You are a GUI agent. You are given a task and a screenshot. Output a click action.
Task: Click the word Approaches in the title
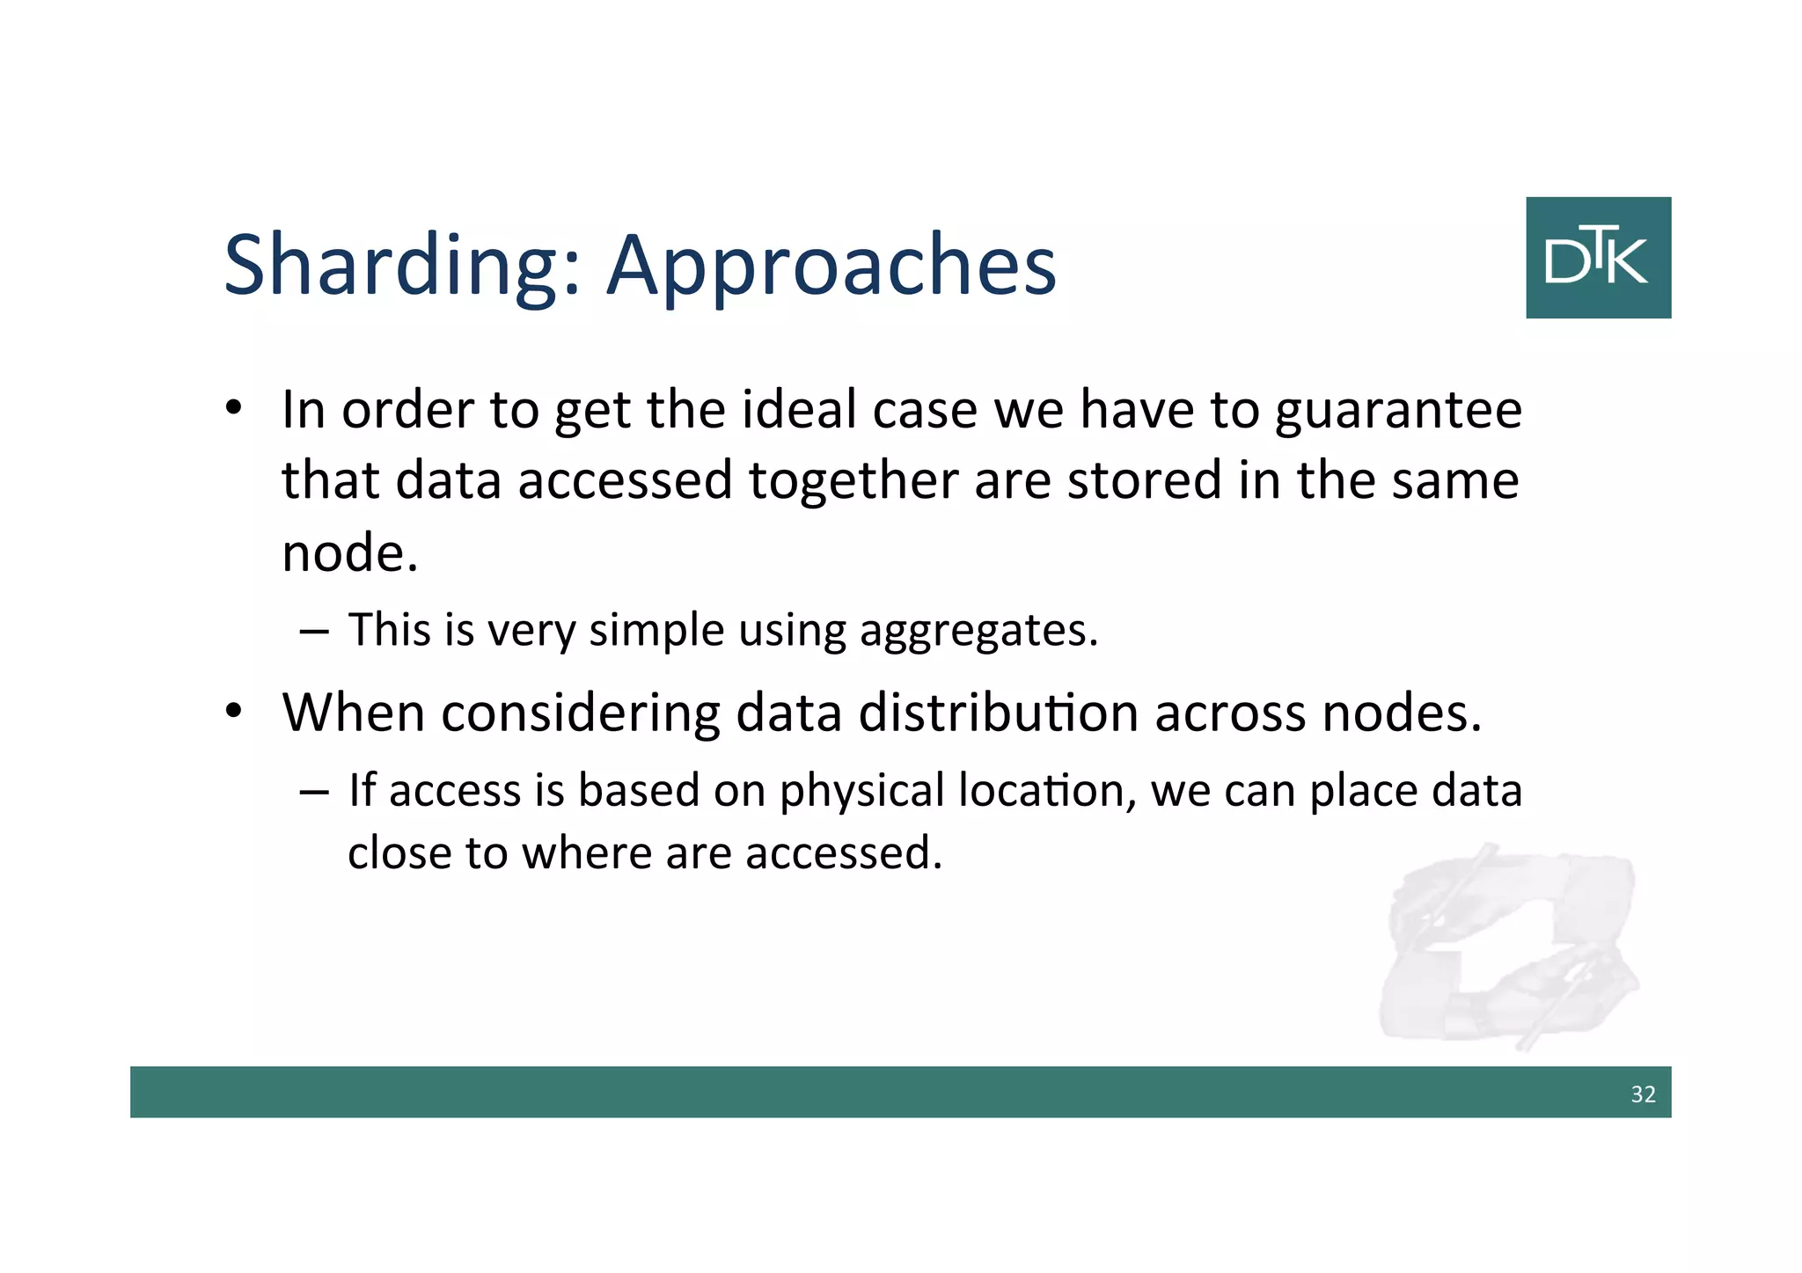tap(831, 267)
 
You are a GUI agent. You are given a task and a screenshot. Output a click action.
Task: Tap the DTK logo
tap(1597, 258)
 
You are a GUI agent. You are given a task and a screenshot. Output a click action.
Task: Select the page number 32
tap(1642, 1094)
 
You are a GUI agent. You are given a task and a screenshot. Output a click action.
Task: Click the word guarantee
tap(1397, 412)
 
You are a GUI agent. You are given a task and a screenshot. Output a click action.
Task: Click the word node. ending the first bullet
tap(349, 554)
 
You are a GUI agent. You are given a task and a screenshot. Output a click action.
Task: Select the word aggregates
tap(978, 631)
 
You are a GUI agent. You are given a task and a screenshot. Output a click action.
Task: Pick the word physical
tap(861, 791)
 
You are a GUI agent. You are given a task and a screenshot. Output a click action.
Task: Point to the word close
tap(399, 853)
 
